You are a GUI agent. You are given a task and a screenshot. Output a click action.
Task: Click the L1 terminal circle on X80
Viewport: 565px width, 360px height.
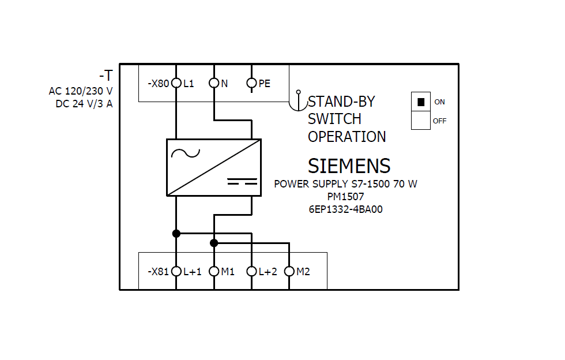[176, 84]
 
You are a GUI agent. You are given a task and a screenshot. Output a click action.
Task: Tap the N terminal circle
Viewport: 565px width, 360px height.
[214, 84]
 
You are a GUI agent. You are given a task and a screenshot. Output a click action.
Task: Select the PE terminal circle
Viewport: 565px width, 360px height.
[251, 84]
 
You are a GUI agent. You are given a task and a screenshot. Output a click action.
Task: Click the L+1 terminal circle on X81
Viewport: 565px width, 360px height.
[176, 271]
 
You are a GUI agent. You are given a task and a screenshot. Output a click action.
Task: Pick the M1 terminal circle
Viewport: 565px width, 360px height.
[214, 271]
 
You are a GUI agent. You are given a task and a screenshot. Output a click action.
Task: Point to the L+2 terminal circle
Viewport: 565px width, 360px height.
[251, 271]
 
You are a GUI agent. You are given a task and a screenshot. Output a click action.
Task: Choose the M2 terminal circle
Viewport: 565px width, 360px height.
[289, 271]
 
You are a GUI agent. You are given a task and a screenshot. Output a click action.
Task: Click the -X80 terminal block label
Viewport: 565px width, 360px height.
[158, 84]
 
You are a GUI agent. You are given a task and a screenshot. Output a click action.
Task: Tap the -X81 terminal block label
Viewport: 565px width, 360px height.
[158, 271]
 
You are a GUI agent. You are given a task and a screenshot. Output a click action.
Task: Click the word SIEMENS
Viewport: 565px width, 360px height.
[349, 166]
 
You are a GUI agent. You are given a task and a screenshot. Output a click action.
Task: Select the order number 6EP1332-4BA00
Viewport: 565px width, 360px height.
[345, 209]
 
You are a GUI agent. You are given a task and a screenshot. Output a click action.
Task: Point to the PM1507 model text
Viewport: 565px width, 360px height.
[345, 197]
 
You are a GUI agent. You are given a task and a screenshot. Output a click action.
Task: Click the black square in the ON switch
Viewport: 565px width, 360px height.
[421, 102]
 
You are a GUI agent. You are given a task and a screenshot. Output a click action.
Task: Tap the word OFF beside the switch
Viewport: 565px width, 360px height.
[439, 121]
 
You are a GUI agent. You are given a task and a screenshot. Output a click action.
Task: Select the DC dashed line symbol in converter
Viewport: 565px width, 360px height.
[242, 182]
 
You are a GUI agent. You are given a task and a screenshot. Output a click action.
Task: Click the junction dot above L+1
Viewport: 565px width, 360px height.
[176, 234]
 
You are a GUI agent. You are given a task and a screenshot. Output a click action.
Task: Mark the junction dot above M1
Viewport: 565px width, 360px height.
[214, 243]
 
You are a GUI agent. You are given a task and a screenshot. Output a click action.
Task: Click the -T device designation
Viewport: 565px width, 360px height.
[106, 76]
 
